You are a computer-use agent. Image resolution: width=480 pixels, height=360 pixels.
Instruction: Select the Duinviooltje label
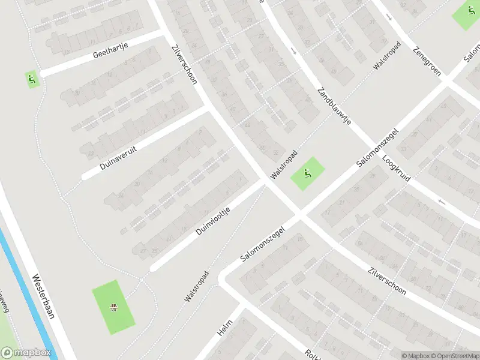coord(213,221)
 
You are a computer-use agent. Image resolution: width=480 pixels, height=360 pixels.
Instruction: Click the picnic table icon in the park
coord(113,308)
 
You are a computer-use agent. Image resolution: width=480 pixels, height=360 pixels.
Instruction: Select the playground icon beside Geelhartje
coord(31,78)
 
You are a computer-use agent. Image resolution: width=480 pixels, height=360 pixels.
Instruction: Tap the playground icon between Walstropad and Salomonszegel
coord(307,174)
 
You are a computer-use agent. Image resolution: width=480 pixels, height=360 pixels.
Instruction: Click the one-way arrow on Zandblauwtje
coord(293,51)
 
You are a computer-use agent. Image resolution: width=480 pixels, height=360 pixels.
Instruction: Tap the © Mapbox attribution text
coord(415,355)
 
